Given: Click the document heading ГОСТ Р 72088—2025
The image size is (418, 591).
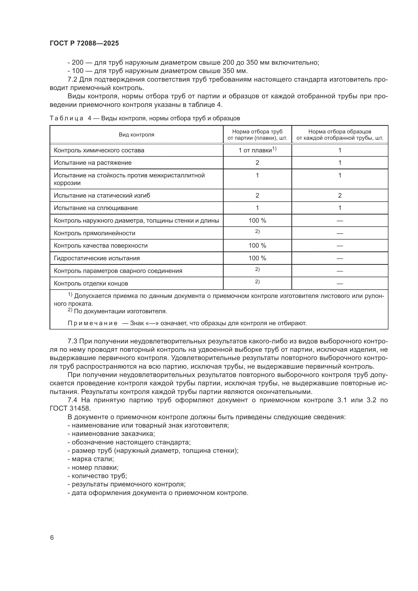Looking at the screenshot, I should point(84,43).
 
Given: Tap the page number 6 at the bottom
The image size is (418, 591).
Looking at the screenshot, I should point(52,537).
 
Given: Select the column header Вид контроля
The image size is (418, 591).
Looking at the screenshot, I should point(136,135).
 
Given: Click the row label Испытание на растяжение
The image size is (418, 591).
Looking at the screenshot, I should point(93,163).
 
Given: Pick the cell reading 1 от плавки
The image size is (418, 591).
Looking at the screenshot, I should point(257,150).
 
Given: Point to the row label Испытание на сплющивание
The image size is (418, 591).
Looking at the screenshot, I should point(96,208).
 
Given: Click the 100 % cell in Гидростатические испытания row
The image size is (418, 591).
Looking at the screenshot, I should point(257,258).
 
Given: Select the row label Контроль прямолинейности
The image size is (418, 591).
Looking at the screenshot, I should point(95,233).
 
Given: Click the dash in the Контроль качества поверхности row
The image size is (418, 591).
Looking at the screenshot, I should point(340,246).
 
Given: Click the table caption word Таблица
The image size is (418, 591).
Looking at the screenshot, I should point(66,119).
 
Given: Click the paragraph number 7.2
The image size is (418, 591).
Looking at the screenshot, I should point(72,79).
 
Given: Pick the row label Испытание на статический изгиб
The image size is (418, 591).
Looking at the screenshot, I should point(102,196).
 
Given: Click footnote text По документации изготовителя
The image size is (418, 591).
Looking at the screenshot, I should point(121,311).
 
